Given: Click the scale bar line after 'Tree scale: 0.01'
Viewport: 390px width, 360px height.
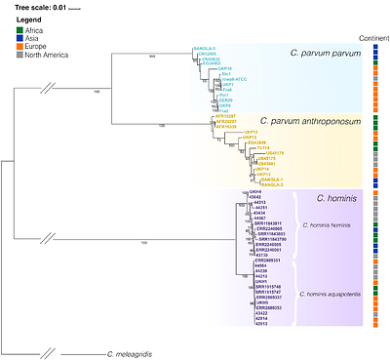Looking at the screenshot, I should pyautogui.click(x=75, y=8).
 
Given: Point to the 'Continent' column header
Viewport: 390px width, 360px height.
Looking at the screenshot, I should pyautogui.click(x=373, y=38).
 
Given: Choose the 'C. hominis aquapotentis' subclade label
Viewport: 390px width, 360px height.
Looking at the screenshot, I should pyautogui.click(x=331, y=292).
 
